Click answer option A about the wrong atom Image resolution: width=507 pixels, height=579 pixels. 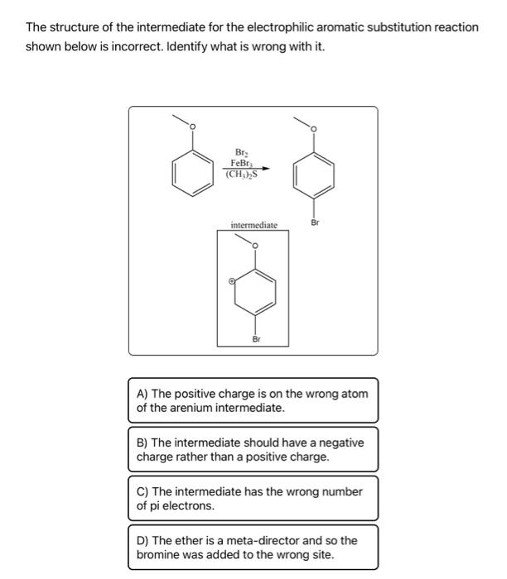(253, 400)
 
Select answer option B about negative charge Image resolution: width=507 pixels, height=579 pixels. (253, 449)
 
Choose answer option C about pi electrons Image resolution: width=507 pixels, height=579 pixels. (253, 498)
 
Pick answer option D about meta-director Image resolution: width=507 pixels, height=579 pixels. (253, 547)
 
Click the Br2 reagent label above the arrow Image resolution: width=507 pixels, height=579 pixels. (241, 152)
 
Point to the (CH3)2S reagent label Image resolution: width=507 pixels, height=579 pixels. (241, 174)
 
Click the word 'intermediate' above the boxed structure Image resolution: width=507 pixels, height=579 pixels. (254, 224)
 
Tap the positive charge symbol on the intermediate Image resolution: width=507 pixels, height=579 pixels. (233, 281)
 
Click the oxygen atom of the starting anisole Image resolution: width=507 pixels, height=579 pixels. (193, 127)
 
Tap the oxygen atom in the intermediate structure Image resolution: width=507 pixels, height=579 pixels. (255, 246)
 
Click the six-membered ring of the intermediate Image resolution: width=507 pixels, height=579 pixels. (255, 292)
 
